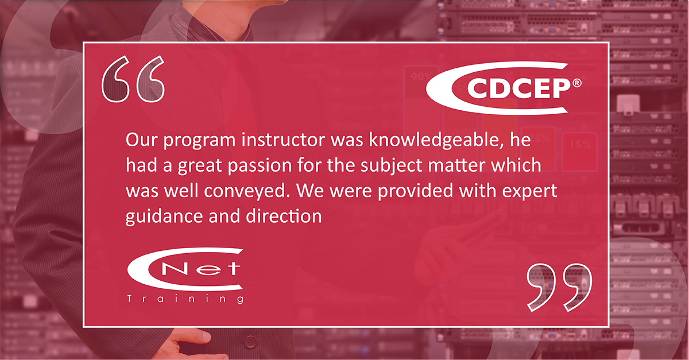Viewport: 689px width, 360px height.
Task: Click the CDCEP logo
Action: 503,88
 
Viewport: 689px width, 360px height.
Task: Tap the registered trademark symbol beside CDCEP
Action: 576,83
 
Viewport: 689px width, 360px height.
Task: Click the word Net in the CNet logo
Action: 201,269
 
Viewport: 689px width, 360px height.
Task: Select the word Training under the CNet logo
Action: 185,299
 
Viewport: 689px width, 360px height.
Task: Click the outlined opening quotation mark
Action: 133,79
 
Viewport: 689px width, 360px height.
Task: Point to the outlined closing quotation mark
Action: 559,287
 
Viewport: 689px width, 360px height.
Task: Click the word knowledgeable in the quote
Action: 436,141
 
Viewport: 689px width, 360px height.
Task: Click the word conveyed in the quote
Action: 247,191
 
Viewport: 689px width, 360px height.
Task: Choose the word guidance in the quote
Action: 164,216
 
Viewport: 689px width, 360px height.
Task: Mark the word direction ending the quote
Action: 284,216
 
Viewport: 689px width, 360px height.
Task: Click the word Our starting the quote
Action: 141,140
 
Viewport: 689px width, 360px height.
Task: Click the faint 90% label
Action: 421,76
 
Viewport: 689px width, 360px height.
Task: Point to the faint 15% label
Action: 580,144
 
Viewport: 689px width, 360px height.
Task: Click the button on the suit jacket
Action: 251,342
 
